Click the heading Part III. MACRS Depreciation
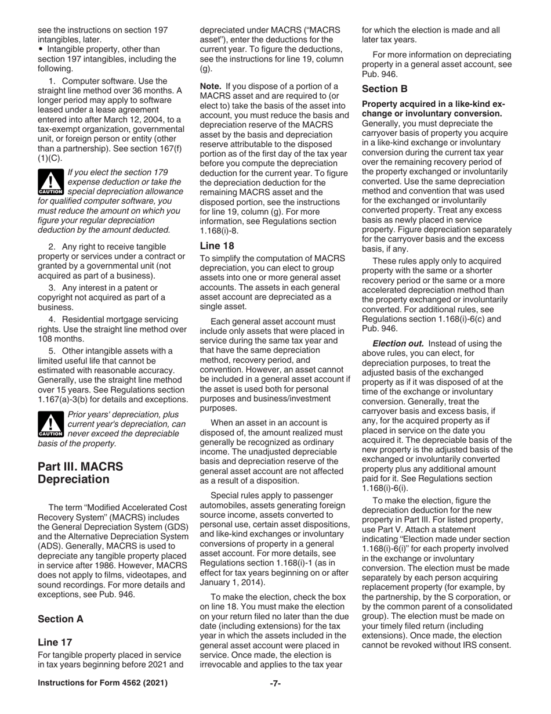81,473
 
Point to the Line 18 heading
217,246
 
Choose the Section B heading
385,89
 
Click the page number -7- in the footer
275,683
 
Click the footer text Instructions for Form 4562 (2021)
103,683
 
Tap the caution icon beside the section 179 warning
50,182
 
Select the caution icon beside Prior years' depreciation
50,424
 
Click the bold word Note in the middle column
211,86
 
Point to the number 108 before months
46,339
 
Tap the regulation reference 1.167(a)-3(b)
66,399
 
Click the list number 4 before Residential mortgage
52,319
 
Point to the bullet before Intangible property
41,49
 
